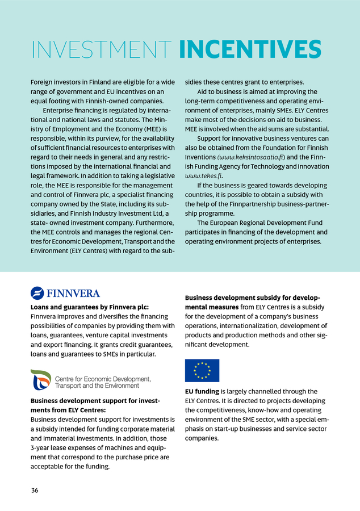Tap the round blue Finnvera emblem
[x=37, y=293]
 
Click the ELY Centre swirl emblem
[x=40, y=380]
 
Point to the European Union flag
[x=202, y=370]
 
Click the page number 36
[x=35, y=490]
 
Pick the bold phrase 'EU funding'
[x=202, y=391]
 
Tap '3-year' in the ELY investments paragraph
[x=40, y=448]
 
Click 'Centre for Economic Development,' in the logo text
[x=103, y=378]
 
